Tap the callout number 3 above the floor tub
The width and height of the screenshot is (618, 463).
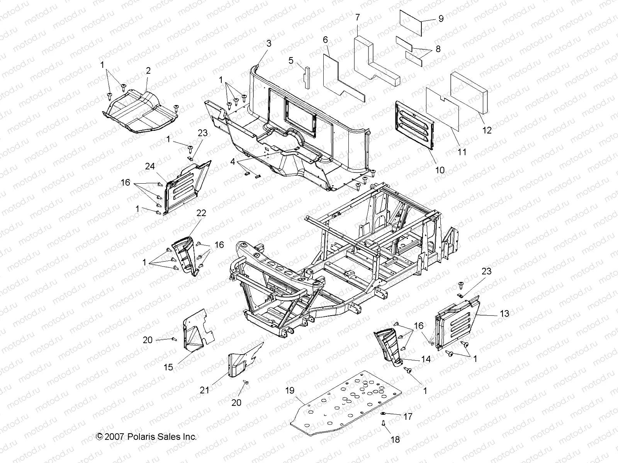(269, 44)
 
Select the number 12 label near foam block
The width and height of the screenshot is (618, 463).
(487, 130)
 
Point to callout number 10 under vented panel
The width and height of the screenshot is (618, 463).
(440, 170)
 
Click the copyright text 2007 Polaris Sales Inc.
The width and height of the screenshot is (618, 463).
(146, 437)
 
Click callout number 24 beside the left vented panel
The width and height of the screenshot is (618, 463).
(150, 166)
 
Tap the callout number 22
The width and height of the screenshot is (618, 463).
(201, 213)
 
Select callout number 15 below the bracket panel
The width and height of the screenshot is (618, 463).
(168, 367)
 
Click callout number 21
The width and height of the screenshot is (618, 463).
(204, 390)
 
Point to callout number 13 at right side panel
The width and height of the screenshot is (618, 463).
(504, 314)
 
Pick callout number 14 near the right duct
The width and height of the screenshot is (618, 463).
(426, 359)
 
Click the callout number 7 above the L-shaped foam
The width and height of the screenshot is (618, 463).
(357, 17)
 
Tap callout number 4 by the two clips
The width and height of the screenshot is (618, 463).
(233, 162)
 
